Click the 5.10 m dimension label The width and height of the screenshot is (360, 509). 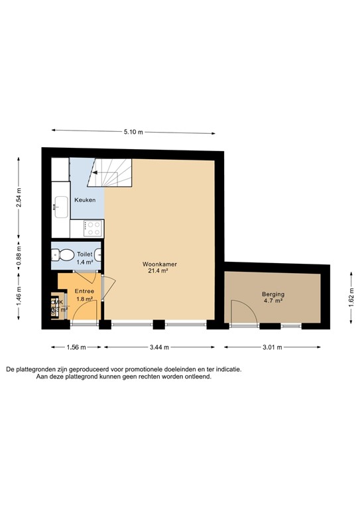133,132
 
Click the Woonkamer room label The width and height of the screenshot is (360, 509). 159,264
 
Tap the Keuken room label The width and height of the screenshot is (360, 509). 85,200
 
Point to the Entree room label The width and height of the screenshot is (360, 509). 84,292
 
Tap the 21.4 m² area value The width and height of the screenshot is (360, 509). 159,272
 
